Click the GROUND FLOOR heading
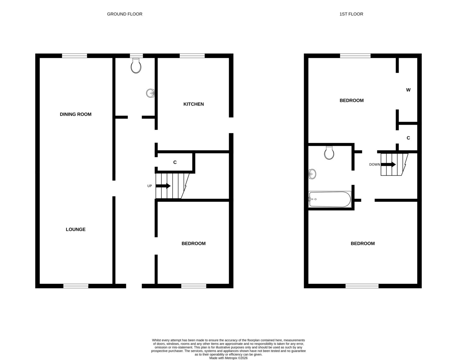[x=125, y=14]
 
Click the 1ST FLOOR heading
[x=351, y=14]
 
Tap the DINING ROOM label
[x=76, y=114]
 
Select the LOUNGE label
[x=76, y=229]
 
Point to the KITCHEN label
[x=193, y=104]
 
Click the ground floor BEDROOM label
[x=193, y=243]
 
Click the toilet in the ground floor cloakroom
[x=136, y=65]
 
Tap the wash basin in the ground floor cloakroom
[x=150, y=93]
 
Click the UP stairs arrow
[x=163, y=186]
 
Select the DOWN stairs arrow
[x=388, y=164]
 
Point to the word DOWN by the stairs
[x=375, y=164]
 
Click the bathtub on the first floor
[x=330, y=199]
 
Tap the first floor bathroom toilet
[x=329, y=153]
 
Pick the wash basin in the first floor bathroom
[x=312, y=174]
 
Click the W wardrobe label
[x=408, y=90]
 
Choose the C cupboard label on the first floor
[x=408, y=138]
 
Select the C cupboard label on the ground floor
[x=175, y=162]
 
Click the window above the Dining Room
[x=75, y=56]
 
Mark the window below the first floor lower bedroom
[x=362, y=286]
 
